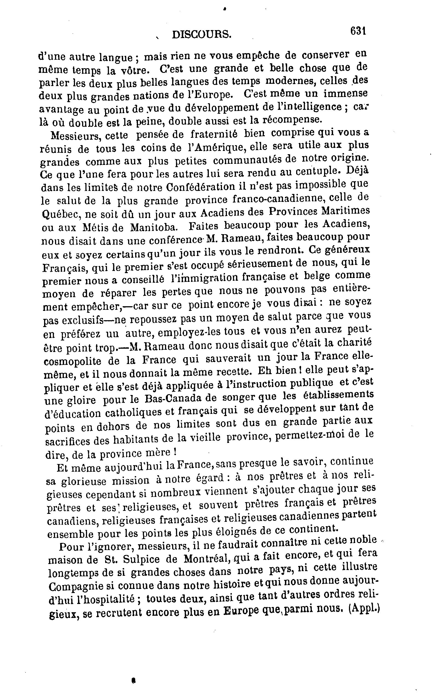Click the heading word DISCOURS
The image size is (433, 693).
[201, 35]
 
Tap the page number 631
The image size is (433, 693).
[358, 31]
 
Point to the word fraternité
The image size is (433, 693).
[214, 134]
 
